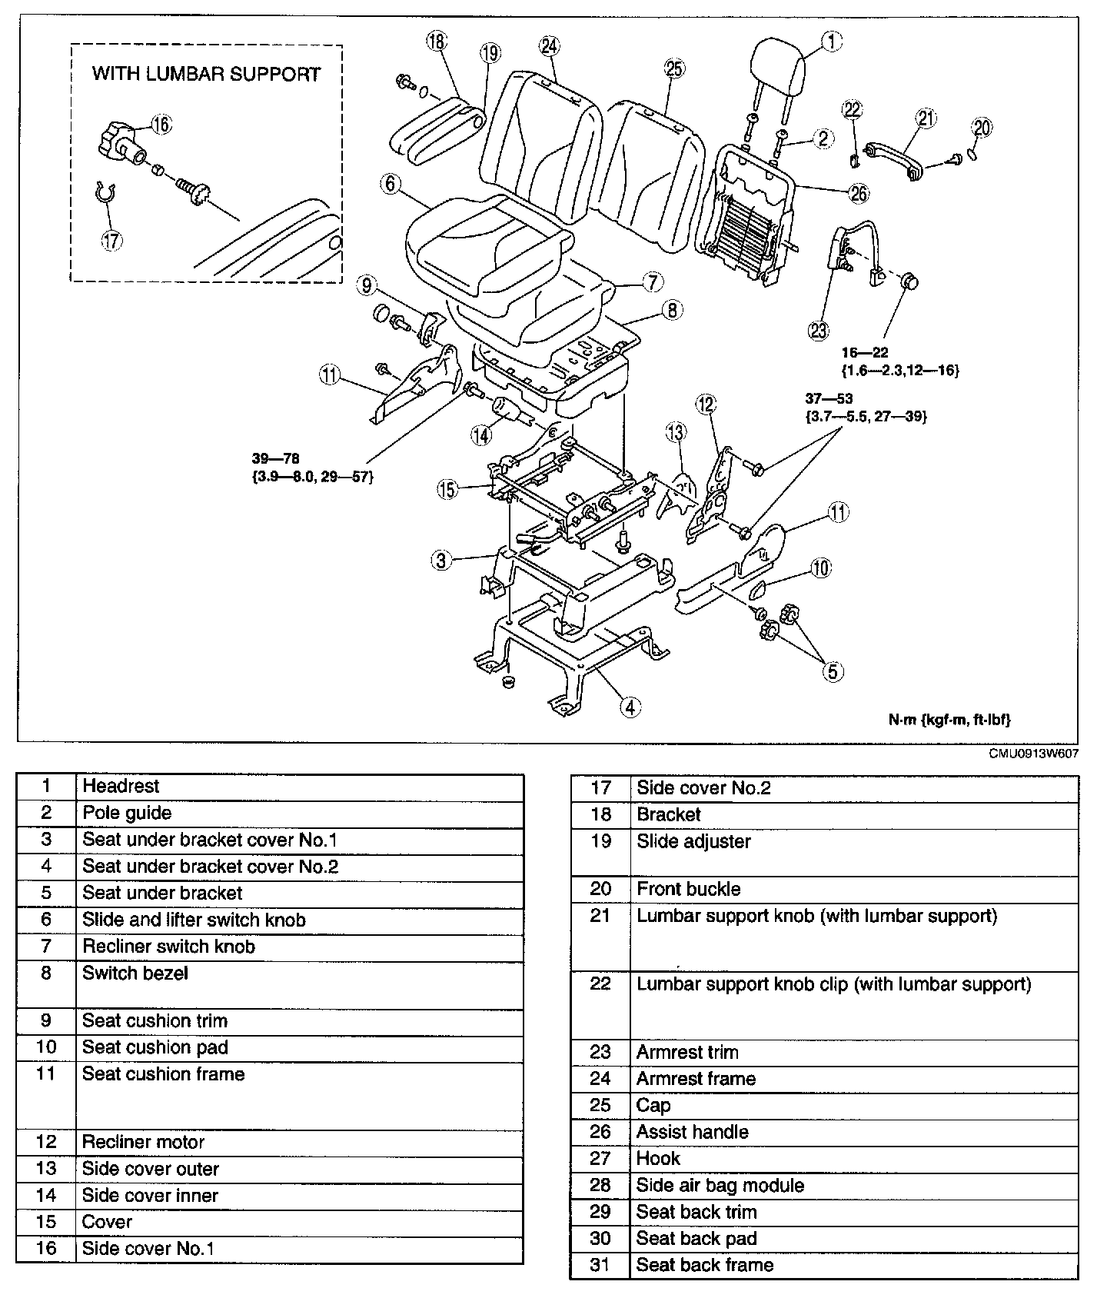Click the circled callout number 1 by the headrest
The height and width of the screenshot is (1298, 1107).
831,41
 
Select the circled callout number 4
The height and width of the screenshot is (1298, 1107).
630,706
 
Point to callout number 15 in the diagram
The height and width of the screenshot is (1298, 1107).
447,489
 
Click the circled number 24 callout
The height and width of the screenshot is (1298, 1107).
549,46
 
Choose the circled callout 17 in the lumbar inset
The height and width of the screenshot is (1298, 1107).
111,241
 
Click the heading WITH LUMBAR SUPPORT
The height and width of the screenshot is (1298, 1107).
206,74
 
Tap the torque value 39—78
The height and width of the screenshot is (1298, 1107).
280,459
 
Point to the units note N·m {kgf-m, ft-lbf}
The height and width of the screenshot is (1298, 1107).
949,720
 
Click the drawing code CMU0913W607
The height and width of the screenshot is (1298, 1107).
1033,754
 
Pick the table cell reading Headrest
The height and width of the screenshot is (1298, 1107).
121,786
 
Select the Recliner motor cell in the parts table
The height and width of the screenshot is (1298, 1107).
143,1142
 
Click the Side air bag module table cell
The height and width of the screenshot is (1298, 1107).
720,1185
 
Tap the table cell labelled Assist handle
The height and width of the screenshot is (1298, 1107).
692,1132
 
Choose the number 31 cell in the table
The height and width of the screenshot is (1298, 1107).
600,1265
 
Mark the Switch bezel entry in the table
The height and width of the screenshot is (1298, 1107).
135,973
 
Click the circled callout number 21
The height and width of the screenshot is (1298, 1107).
926,118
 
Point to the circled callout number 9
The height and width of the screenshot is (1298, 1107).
367,286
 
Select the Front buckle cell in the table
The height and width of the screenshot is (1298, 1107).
688,889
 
